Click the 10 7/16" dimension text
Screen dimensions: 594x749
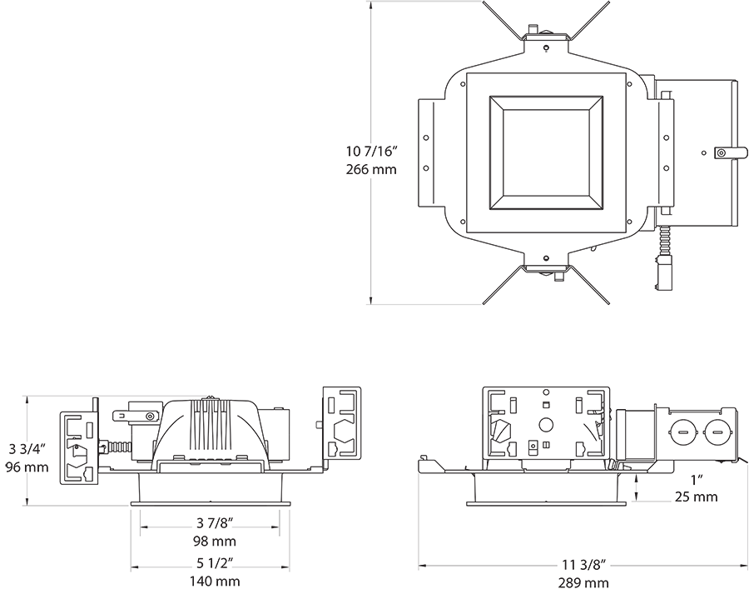pos(371,152)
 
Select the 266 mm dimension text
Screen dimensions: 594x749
pos(371,169)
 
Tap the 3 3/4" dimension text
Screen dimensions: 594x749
pos(27,449)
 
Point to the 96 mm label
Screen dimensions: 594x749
pos(27,467)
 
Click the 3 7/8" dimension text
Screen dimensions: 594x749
pos(215,523)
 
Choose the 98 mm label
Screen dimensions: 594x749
pos(215,541)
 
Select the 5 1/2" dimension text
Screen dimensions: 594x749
pos(215,564)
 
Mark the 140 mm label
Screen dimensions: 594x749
pos(215,582)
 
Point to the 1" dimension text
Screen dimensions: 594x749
pos(696,481)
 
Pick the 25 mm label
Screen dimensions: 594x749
pos(696,497)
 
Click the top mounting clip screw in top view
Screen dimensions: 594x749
pos(545,47)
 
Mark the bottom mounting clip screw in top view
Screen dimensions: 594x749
pos(545,259)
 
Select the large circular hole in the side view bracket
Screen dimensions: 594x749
pos(547,424)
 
